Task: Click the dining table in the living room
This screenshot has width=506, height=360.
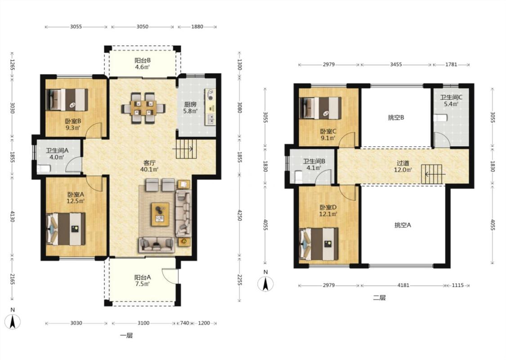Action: click(143, 108)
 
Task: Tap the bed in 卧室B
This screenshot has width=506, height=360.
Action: click(67, 100)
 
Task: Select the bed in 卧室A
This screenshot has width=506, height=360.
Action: click(66, 229)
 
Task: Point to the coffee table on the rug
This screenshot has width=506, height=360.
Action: click(161, 214)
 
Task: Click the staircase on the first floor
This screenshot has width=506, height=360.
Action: click(186, 148)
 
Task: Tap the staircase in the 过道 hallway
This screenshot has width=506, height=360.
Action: click(431, 174)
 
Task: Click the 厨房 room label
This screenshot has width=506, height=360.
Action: click(190, 104)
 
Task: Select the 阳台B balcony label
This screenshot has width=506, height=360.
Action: click(143, 60)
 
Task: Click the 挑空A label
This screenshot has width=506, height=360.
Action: click(403, 225)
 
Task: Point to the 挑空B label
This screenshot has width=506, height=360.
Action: click(396, 117)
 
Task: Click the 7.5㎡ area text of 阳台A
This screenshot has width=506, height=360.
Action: click(142, 284)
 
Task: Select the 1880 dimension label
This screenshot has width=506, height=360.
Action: click(197, 27)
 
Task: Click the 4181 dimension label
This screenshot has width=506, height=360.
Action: click(403, 285)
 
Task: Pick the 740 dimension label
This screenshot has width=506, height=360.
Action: click(184, 323)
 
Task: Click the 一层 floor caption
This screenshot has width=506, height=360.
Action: click(126, 335)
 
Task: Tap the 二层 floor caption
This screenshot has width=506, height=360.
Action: click(380, 298)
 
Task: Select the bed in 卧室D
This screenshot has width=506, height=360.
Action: click(319, 244)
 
